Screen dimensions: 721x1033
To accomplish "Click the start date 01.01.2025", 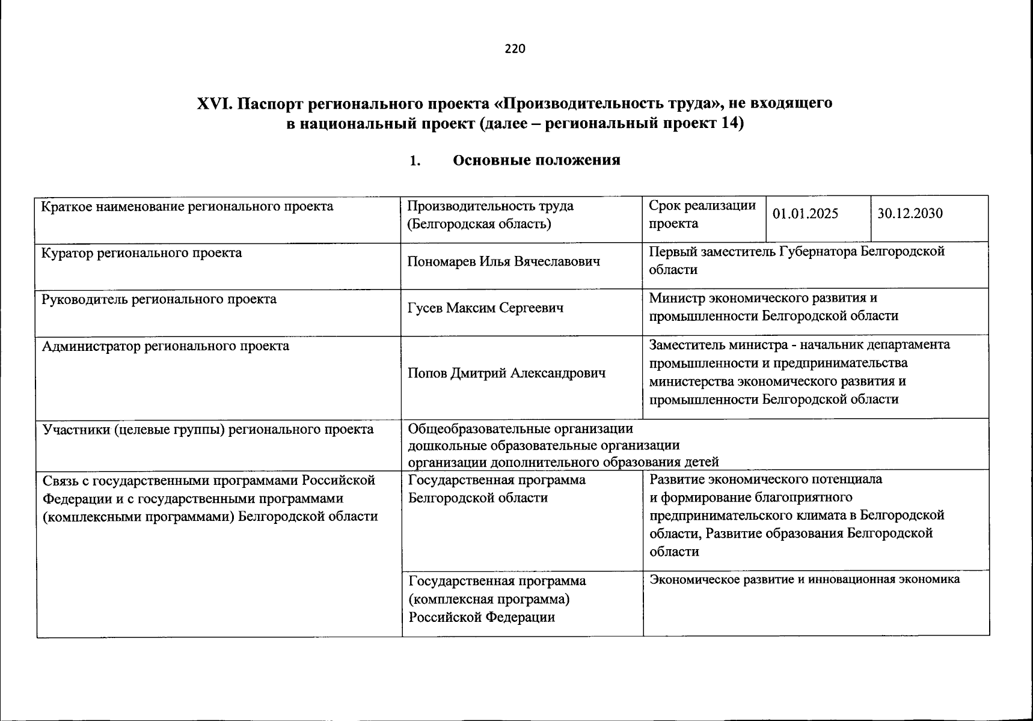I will pos(805,214).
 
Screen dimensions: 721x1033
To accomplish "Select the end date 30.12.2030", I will pos(910,214).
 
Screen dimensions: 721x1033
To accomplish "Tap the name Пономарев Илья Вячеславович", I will pos(503,262).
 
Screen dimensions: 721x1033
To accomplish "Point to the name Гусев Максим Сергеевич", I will pos(485,308).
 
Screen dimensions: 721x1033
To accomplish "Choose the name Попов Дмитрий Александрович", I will pos(506,373).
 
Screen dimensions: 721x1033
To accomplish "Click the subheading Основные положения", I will pos(536,160).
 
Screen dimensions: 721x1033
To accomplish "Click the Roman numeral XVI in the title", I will pos(215,104).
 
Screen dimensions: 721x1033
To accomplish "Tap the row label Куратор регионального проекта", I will pos(141,253).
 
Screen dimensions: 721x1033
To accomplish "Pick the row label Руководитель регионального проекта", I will pos(159,299).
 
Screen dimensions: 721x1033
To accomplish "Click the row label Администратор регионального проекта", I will pos(165,346).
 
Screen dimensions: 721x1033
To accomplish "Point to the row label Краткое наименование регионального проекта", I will pos(187,207).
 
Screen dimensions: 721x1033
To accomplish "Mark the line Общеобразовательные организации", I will pos(520,429).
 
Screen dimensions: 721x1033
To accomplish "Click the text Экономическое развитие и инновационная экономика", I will pos(805,579).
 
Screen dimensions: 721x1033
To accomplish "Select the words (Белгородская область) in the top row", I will pos(479,224).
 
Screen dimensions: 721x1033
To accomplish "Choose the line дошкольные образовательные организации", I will pos(544,446).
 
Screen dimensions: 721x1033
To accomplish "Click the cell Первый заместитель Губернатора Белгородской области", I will pos(796,260).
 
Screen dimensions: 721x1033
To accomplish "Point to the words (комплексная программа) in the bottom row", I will pos(489,600).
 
